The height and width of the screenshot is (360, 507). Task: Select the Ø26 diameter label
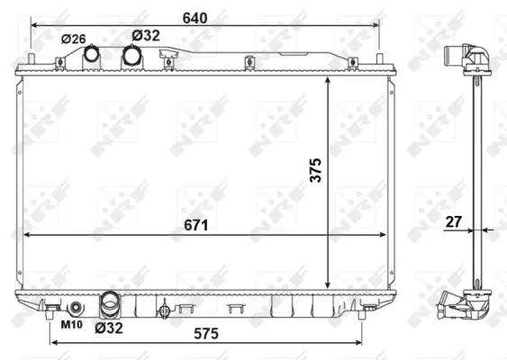(x=74, y=39)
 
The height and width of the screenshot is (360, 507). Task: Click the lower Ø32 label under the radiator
(x=110, y=328)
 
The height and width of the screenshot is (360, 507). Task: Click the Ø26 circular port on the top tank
(x=92, y=55)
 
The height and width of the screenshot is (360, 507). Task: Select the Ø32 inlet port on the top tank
(x=132, y=57)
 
